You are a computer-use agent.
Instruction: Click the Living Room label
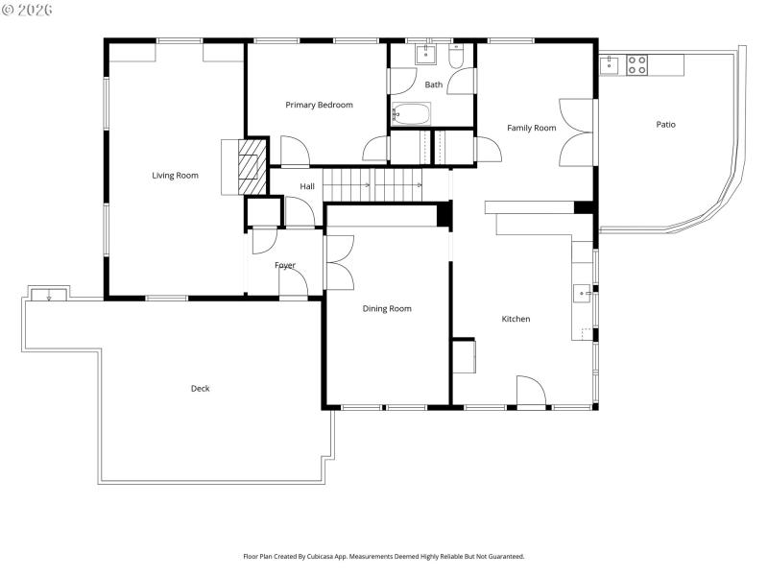pos(175,175)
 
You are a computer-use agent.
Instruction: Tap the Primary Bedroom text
pos(319,105)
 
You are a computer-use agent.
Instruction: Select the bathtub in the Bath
pos(412,115)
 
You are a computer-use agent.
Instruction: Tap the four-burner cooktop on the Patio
pos(636,65)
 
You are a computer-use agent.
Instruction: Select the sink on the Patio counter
pos(608,64)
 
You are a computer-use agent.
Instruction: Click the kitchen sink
pos(582,293)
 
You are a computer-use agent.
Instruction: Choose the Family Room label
pos(531,128)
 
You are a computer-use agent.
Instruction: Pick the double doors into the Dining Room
pos(338,262)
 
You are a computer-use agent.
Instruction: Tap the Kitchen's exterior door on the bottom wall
pos(531,393)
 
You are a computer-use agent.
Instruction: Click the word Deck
pos(200,388)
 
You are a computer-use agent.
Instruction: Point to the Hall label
pos(306,186)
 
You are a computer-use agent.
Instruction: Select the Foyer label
pos(285,265)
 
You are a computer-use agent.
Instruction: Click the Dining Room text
pos(387,308)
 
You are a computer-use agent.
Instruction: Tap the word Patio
pos(665,124)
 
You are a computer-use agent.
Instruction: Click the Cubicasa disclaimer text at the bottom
pos(383,556)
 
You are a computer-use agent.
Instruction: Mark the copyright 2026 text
pos(29,10)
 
